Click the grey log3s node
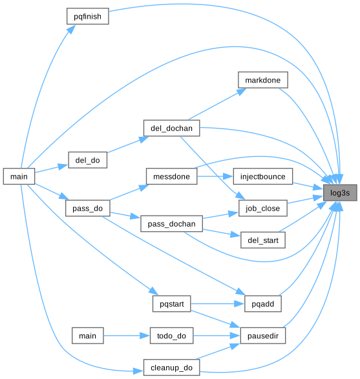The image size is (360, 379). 340,192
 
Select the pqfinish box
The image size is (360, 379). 88,16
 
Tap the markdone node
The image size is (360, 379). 263,80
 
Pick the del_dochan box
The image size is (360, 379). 171,128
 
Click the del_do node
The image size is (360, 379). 88,160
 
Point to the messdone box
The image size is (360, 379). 171,176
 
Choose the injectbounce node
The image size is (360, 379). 263,176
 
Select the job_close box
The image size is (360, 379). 263,208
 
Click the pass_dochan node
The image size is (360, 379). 171,223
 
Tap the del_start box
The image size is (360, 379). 263,240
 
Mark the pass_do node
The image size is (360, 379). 88,208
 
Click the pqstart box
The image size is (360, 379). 171,303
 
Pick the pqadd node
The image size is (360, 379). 263,303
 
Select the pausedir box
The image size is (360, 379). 263,336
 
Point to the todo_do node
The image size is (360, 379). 171,336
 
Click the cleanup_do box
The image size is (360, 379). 171,367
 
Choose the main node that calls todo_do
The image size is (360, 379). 88,336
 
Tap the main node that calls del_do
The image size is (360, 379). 19,176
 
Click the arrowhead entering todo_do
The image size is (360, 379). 145,336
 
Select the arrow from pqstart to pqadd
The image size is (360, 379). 218,303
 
